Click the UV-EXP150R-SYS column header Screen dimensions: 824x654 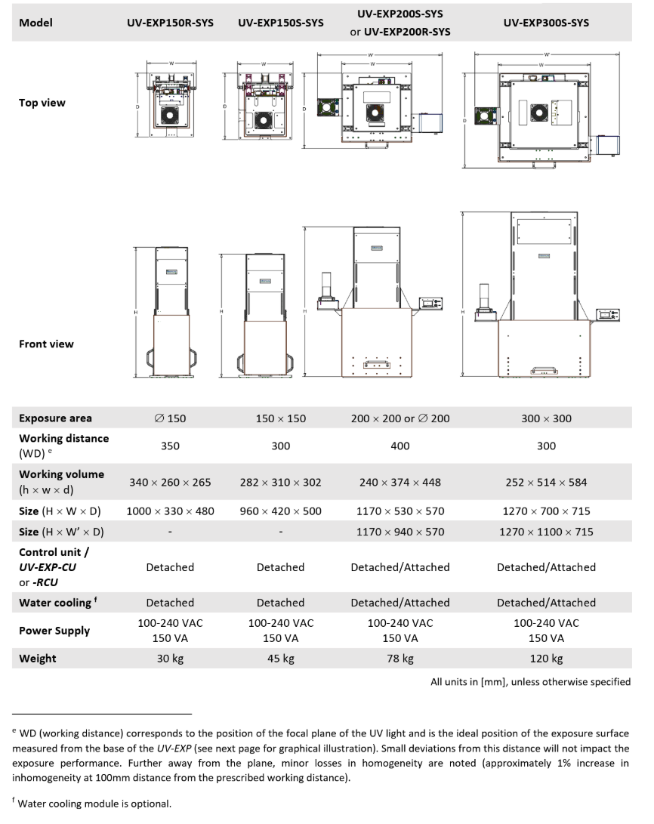point(170,23)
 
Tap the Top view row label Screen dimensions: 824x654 point(42,103)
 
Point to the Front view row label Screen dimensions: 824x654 point(46,344)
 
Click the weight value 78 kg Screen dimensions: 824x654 point(399,658)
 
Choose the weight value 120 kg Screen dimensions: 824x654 point(546,658)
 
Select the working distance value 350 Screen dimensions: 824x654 point(170,446)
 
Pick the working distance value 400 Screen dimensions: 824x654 point(399,446)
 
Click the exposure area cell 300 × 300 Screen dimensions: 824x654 point(546,418)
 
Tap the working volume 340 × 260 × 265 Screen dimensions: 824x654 point(170,482)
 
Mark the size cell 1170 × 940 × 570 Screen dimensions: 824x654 point(399,532)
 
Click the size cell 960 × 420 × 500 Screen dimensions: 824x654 point(280,511)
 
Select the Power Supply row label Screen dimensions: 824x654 point(54,631)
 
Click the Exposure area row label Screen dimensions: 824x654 point(55,418)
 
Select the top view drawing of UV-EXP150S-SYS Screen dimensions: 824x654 point(264,106)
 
